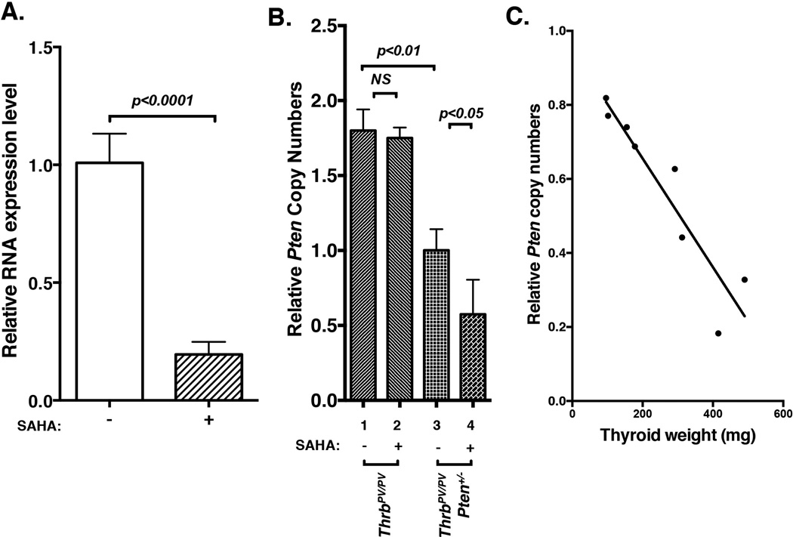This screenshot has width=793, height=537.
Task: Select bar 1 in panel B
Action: coord(363,265)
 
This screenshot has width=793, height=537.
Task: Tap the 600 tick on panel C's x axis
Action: coord(782,415)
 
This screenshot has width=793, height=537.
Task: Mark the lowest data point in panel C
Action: coord(717,333)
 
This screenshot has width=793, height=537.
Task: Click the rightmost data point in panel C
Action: coord(744,279)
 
